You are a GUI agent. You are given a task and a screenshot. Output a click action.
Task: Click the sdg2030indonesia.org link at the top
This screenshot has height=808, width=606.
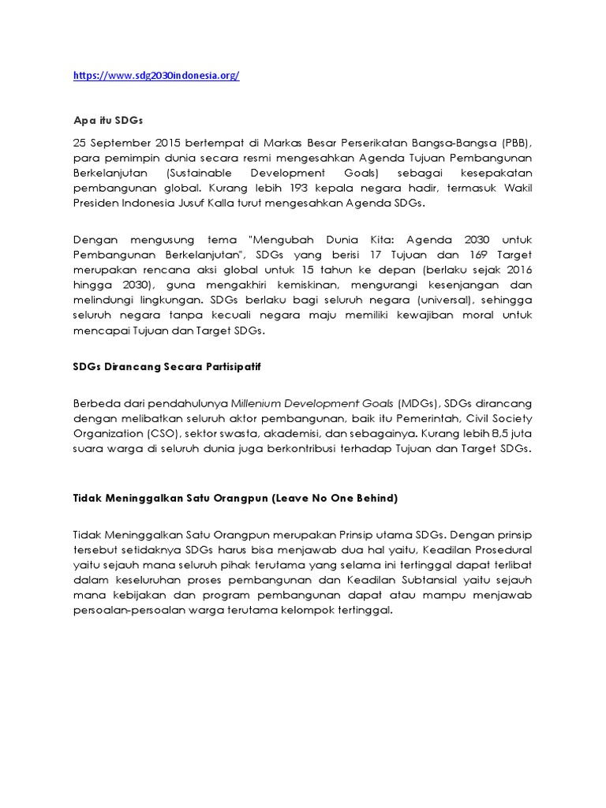click(156, 76)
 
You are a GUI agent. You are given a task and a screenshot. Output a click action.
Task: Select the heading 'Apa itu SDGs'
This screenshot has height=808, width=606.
click(107, 120)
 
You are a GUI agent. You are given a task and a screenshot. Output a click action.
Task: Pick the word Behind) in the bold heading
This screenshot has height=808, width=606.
click(372, 499)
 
